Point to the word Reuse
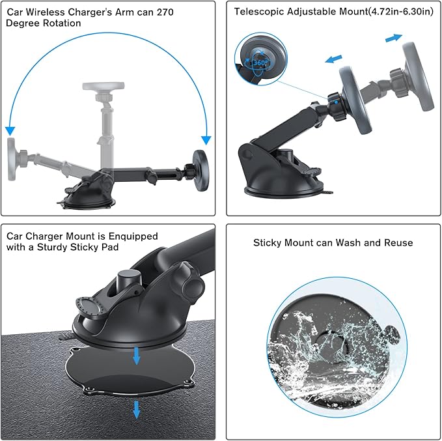[398, 243]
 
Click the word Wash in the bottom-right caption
[346, 243]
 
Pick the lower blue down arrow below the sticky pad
[136, 409]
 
